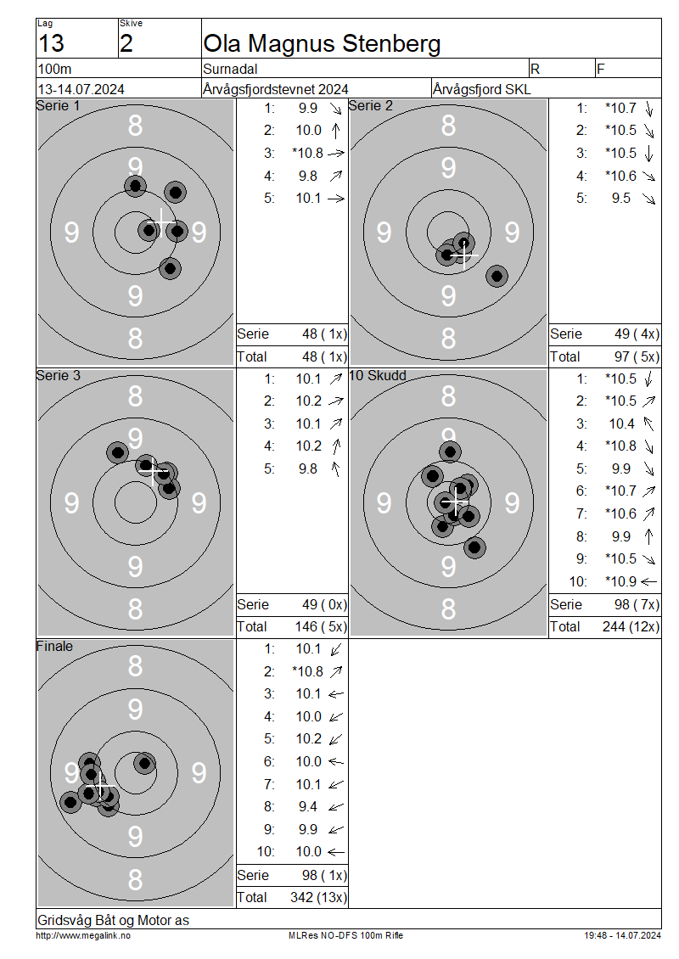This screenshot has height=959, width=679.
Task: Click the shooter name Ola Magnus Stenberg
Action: click(322, 44)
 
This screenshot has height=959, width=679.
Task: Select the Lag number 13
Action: click(52, 43)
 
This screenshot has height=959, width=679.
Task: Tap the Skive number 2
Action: click(126, 43)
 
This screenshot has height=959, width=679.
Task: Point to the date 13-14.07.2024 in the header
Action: click(81, 89)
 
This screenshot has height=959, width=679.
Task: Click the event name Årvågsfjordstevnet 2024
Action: click(276, 89)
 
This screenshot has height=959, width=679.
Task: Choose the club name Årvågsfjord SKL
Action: click(482, 89)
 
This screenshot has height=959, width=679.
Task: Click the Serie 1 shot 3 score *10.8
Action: click(308, 153)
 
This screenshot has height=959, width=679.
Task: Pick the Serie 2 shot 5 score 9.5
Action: click(621, 198)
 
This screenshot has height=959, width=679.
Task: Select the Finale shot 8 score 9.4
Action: click(308, 807)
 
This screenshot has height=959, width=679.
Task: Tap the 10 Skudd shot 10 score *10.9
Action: click(621, 581)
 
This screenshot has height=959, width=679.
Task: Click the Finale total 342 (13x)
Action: click(318, 897)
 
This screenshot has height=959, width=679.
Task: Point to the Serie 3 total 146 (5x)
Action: click(321, 627)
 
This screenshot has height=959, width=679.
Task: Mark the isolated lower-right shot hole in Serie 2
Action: click(497, 276)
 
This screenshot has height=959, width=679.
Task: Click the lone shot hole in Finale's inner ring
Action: click(144, 763)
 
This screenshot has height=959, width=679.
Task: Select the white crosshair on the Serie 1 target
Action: click(161, 222)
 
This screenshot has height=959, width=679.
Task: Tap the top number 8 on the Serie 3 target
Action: click(135, 396)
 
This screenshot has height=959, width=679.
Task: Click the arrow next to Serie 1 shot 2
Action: click(336, 131)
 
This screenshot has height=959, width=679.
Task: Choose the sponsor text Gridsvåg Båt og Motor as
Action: click(113, 920)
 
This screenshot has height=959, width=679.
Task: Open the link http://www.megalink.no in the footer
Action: click(83, 936)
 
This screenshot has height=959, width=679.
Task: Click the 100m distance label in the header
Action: click(55, 69)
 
